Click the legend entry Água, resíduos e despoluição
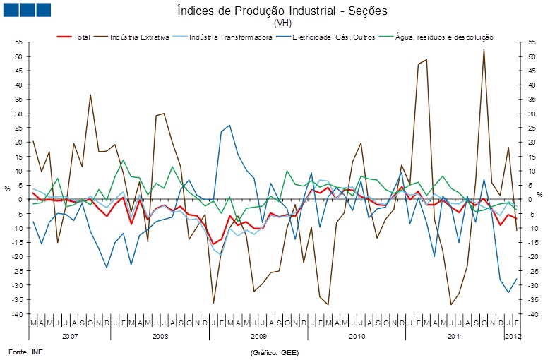pos(438,37)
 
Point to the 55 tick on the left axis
pos(19,42)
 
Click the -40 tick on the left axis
pos(18,313)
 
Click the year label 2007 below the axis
pos(70,337)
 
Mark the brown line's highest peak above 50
pos(484,49)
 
